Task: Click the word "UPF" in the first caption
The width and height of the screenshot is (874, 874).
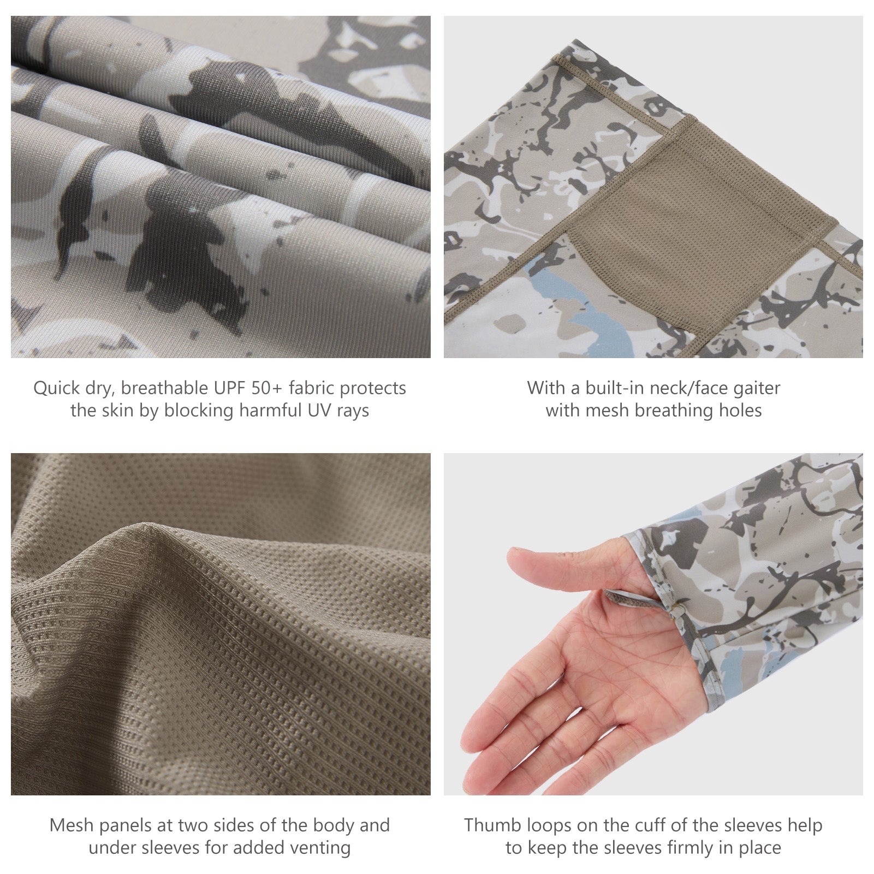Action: (229, 388)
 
